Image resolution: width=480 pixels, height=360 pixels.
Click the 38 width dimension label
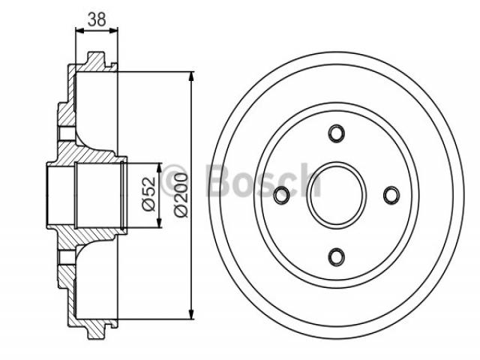click(97, 19)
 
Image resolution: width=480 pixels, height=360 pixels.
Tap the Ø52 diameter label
click(149, 193)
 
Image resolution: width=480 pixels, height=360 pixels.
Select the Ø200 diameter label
click(181, 195)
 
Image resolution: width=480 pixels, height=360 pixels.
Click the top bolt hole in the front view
click(337, 133)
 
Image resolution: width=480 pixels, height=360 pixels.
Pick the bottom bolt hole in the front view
click(337, 256)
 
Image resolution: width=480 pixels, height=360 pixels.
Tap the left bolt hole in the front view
click(281, 195)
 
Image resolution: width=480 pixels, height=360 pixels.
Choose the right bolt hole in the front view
click(391, 195)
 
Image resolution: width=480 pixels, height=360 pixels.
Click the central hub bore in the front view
click(337, 195)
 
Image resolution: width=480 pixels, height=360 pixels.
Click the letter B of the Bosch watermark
click(218, 181)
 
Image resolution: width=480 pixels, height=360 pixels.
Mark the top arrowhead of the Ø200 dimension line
click(192, 76)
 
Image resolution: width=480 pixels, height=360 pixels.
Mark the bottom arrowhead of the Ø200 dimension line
click(192, 314)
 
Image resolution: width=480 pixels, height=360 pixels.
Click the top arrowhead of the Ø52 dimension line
click(159, 168)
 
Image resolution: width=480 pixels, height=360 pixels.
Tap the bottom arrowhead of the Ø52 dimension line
click(159, 223)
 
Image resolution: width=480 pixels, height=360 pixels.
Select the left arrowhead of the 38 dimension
click(80, 30)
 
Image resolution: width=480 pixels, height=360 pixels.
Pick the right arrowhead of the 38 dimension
click(113, 30)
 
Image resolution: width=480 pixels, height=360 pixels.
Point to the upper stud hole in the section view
click(67, 133)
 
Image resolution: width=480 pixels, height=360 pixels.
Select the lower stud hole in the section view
click(67, 257)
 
